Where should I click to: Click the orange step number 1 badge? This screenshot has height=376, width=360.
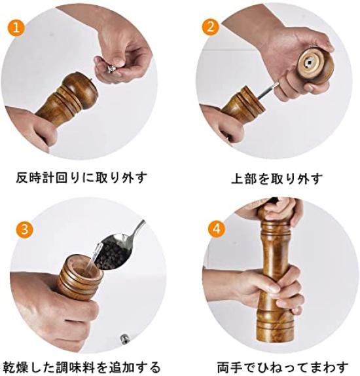16,28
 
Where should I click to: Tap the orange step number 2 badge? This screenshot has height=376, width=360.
211,27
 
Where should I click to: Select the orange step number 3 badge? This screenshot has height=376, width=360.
24,229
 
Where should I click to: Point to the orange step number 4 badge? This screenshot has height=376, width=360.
217,229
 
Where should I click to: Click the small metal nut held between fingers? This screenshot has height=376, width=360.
111,69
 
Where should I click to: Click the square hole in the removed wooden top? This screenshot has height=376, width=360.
309,62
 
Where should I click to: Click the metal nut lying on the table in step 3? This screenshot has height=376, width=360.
125,339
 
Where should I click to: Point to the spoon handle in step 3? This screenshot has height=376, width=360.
137,230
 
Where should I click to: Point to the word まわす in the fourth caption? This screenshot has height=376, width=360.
328,367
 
